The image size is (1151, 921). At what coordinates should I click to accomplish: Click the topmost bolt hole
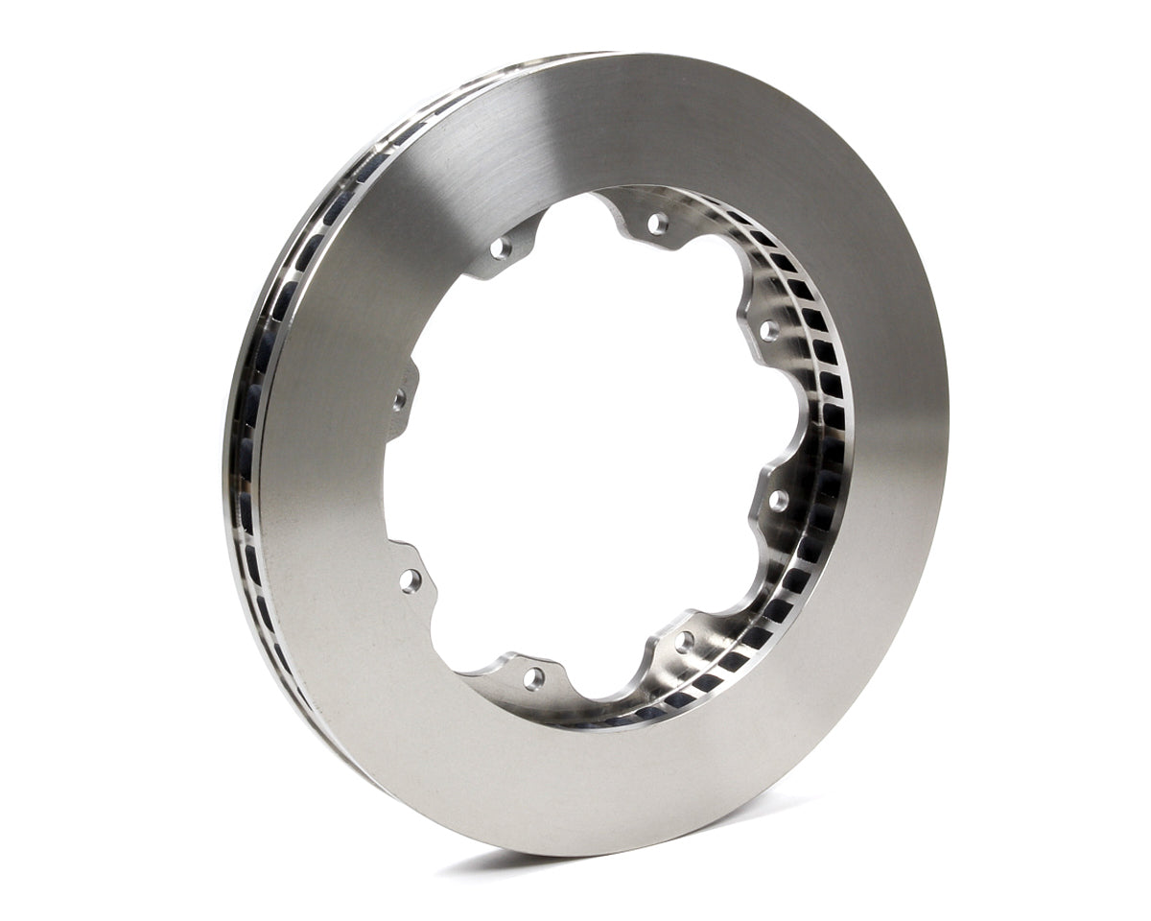point(657,224)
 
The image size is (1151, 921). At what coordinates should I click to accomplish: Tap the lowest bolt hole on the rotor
point(533,677)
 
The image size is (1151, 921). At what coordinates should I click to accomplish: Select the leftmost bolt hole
point(399,399)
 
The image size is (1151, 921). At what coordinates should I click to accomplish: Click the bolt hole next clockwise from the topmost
point(768,330)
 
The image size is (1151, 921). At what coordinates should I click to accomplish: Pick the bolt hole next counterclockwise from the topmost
point(501,248)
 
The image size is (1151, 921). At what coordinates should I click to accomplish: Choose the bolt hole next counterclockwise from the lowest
point(683,640)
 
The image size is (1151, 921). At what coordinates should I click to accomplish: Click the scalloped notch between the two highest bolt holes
point(575,213)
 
